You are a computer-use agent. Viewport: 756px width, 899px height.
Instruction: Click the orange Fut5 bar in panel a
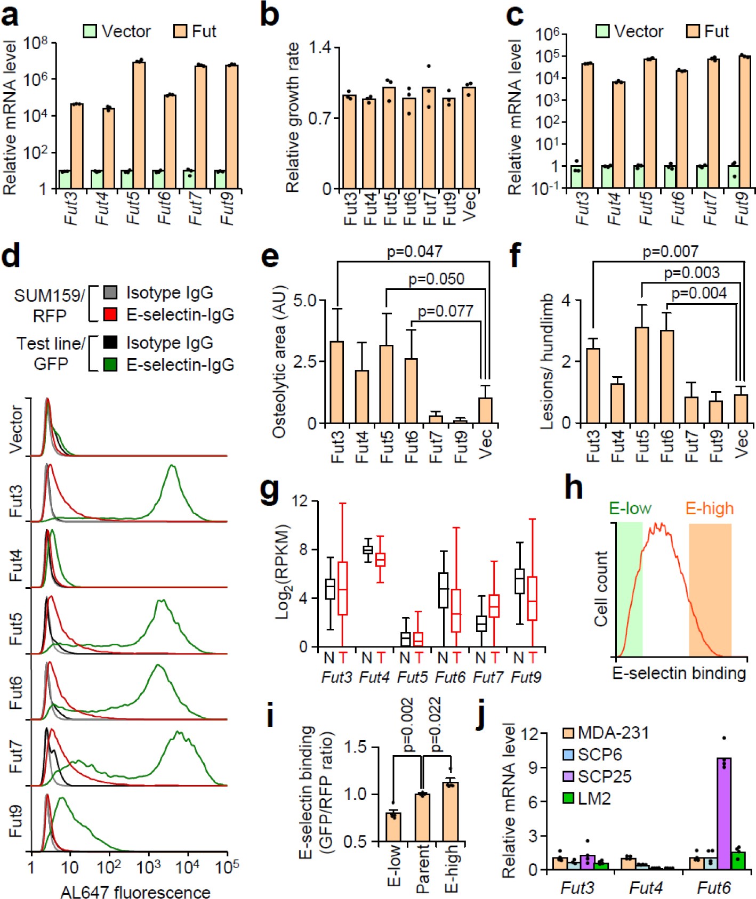point(139,125)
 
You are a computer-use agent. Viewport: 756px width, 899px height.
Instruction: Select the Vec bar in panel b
point(469,138)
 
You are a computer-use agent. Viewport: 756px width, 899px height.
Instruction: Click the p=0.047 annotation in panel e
point(414,251)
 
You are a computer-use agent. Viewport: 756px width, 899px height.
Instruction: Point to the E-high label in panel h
point(709,508)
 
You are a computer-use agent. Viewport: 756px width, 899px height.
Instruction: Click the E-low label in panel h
point(630,508)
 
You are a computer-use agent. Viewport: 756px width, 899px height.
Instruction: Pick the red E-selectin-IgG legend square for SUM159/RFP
point(110,314)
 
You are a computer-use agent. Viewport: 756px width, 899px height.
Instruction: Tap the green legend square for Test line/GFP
point(110,365)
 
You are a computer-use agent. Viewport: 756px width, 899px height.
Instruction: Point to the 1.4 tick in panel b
point(321,48)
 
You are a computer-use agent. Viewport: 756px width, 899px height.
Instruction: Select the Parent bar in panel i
point(422,817)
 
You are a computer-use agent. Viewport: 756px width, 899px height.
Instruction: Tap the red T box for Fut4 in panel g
point(380,560)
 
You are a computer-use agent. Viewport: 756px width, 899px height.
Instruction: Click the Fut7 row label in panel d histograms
point(15,756)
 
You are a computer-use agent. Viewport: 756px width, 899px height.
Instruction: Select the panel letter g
point(270,492)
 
